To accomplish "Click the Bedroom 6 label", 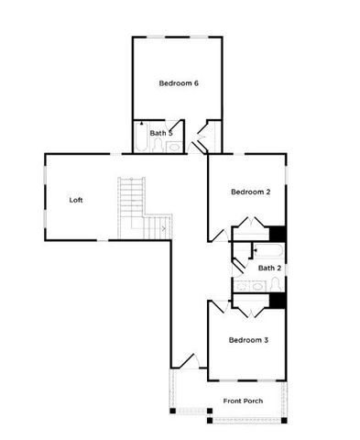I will pos(179,83).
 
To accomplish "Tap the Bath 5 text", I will pos(161,133).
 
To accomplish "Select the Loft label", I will pos(78,199).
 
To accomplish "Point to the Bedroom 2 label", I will pos(249,192).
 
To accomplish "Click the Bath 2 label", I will pos(269,268).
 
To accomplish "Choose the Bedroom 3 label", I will pos(248,340).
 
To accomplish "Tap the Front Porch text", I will pos(243,401).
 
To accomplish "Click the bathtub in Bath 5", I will pos(142,139).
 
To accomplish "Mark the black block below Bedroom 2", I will pos(278,233).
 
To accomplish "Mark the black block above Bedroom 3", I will pos(278,300).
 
